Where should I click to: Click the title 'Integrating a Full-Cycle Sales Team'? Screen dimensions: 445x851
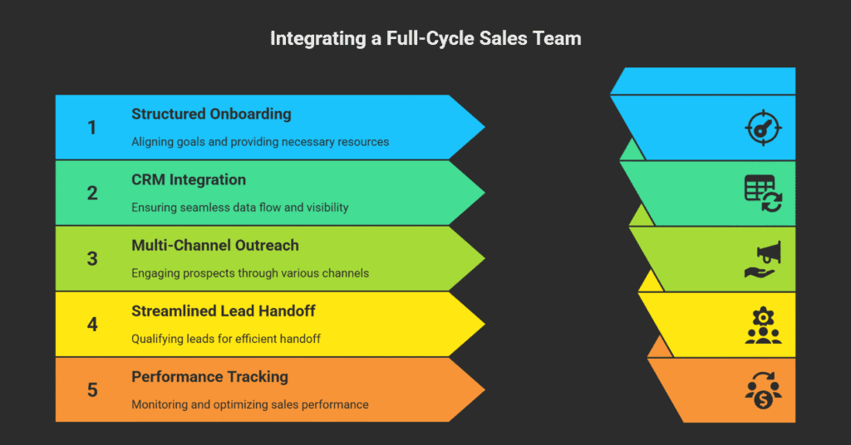pos(425,38)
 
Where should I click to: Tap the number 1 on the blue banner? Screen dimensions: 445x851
pos(92,128)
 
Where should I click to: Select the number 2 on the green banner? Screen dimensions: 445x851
pos(92,193)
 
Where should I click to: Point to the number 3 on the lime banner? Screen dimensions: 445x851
pos(92,259)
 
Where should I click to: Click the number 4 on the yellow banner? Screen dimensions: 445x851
pos(92,325)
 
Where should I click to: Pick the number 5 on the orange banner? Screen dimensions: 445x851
pos(92,390)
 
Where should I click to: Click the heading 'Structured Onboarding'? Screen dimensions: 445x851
pos(211,114)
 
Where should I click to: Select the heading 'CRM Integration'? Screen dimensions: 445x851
pos(189,179)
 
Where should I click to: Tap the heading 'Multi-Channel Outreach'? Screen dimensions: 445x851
pos(215,245)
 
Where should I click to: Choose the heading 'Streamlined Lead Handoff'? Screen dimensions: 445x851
pos(222,311)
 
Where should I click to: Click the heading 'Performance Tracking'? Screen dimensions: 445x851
pos(209,377)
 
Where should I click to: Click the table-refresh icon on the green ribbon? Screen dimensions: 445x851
pos(763,193)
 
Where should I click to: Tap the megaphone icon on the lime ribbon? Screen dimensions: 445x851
pos(763,259)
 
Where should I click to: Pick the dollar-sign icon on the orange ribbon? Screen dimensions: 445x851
pos(763,390)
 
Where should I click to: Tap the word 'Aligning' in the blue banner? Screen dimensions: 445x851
pos(152,142)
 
